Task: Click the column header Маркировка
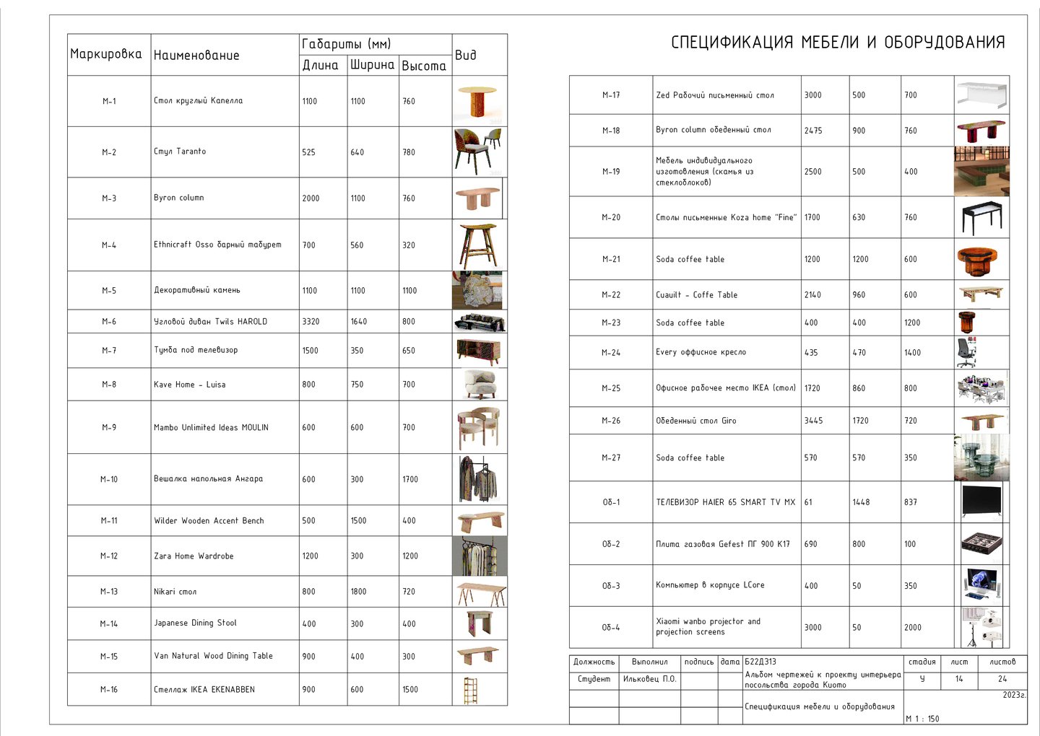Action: (106, 54)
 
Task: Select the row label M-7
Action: (109, 351)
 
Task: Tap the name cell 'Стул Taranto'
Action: (180, 152)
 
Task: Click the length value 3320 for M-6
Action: (311, 322)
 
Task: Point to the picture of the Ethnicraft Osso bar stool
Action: (477, 245)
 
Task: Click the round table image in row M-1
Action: (477, 101)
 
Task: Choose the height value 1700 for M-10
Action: (410, 479)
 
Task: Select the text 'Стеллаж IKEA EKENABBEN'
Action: (204, 690)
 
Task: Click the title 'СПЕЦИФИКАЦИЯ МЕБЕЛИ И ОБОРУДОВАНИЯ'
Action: (838, 43)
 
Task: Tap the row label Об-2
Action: (611, 544)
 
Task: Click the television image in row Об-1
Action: (981, 501)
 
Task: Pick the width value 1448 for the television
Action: (861, 502)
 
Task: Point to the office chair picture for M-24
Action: (967, 353)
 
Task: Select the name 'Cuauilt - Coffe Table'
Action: (696, 295)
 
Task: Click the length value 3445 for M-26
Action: (813, 421)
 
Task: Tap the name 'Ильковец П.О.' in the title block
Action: (649, 679)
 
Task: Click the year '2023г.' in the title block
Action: (1014, 696)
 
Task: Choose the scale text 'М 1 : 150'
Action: (922, 719)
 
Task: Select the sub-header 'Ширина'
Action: (372, 65)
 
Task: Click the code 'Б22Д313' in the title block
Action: (760, 662)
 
